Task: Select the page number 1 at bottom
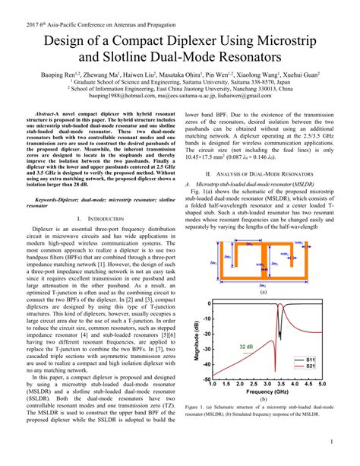tap(333, 442)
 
